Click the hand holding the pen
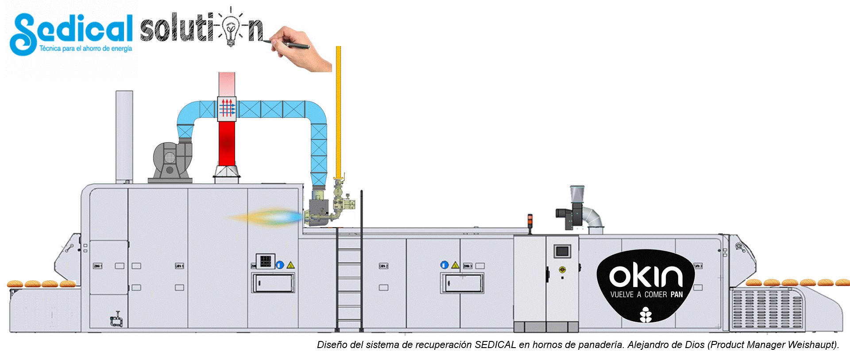[301, 49]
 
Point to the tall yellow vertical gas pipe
[338, 111]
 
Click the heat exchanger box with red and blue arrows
[227, 108]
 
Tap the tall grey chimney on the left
[124, 135]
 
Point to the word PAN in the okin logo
[676, 295]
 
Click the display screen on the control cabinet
[562, 251]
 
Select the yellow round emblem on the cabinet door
[562, 269]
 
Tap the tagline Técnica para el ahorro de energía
[85, 49]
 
